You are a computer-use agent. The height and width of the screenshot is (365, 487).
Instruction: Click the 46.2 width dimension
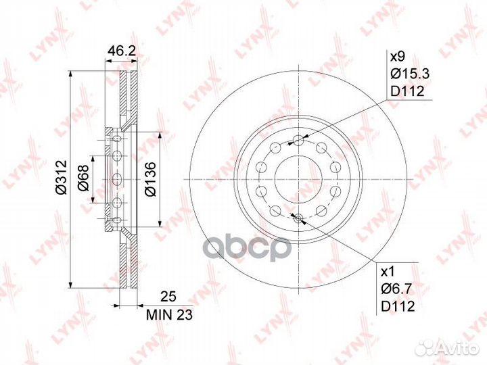coord(121,51)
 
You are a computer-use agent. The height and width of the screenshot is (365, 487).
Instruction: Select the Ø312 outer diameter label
coord(61,177)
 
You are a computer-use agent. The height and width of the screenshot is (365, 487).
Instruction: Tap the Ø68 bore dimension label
coord(84,178)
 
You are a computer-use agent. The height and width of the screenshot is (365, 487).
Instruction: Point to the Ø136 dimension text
coord(150,179)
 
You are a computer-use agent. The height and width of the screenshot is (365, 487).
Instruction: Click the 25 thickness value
coord(168,297)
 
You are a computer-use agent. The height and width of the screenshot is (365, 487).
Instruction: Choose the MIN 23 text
coord(170,315)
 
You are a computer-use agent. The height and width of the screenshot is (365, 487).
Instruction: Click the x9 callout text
coord(398,57)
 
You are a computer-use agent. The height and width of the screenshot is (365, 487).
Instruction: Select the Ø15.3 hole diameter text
coord(410,74)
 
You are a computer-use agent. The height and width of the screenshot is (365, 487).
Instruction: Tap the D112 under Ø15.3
coord(407,91)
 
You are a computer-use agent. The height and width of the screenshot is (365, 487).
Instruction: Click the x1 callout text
coord(388,272)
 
